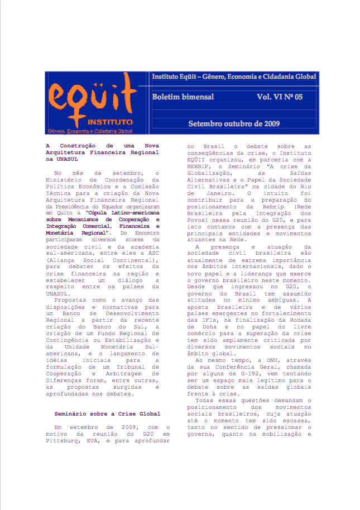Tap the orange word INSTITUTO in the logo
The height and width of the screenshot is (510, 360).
pyautogui.click(x=110, y=121)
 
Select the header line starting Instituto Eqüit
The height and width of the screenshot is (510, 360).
pyautogui.click(x=234, y=76)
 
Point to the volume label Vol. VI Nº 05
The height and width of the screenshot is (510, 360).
pyautogui.click(x=280, y=97)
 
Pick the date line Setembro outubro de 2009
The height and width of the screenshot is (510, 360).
pyautogui.click(x=234, y=123)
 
